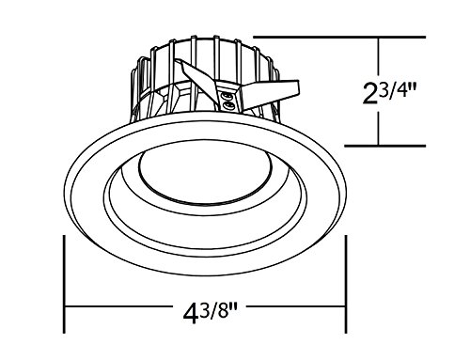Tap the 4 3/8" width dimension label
pyautogui.click(x=211, y=312)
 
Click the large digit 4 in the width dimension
pyautogui.click(x=191, y=313)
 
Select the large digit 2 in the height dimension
pyautogui.click(x=369, y=93)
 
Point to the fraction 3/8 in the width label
pyautogui.click(x=214, y=309)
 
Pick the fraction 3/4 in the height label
pyautogui.click(x=392, y=89)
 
